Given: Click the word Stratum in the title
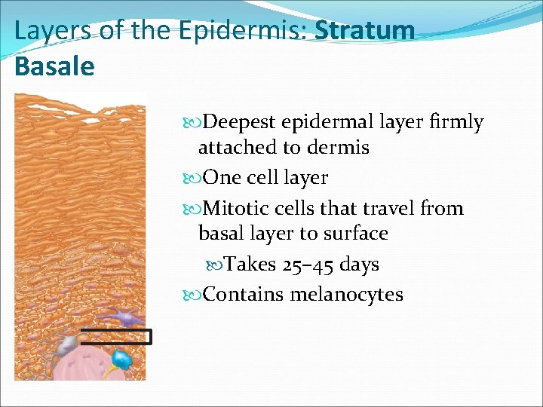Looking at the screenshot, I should pyautogui.click(x=365, y=31).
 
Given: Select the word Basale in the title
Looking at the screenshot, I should pyautogui.click(x=54, y=66).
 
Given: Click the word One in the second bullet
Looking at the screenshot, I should pyautogui.click(x=222, y=178).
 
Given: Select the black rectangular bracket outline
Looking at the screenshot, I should pyautogui.click(x=117, y=337).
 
